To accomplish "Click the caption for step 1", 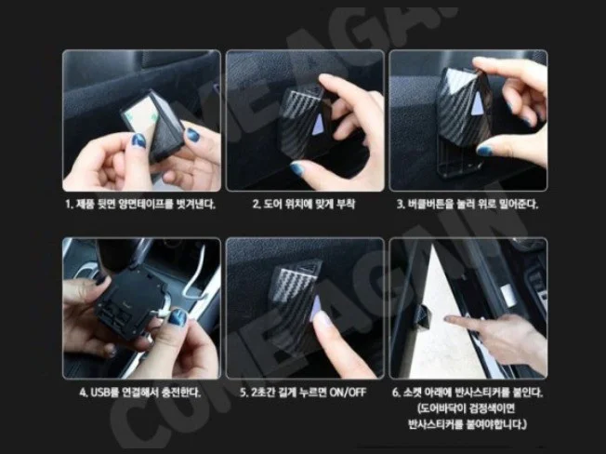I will [141, 204].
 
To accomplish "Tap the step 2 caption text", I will [304, 204].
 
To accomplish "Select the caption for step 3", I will [468, 204].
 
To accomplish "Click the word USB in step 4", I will [99, 392].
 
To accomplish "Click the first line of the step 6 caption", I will [468, 392].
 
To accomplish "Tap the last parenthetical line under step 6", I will [468, 425].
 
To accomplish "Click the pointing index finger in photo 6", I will [455, 320].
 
